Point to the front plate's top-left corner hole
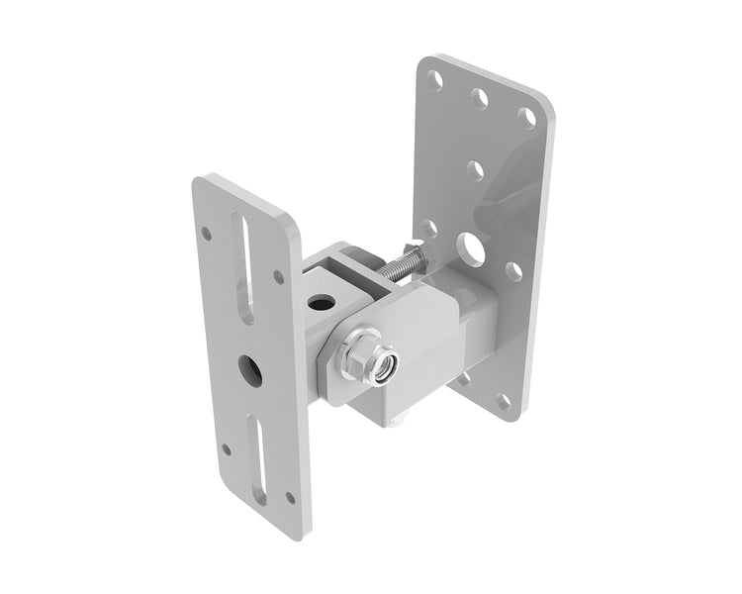click(x=206, y=234)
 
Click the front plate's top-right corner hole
click(x=278, y=276)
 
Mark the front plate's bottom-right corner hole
click(x=289, y=496)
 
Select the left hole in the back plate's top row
click(x=436, y=77)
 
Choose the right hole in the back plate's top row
click(x=528, y=118)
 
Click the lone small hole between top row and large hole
click(x=476, y=170)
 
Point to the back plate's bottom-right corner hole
click(x=503, y=401)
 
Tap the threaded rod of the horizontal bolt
click(x=394, y=265)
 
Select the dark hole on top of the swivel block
click(x=319, y=300)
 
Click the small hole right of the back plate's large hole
click(x=512, y=270)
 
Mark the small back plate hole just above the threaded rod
click(x=429, y=229)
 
